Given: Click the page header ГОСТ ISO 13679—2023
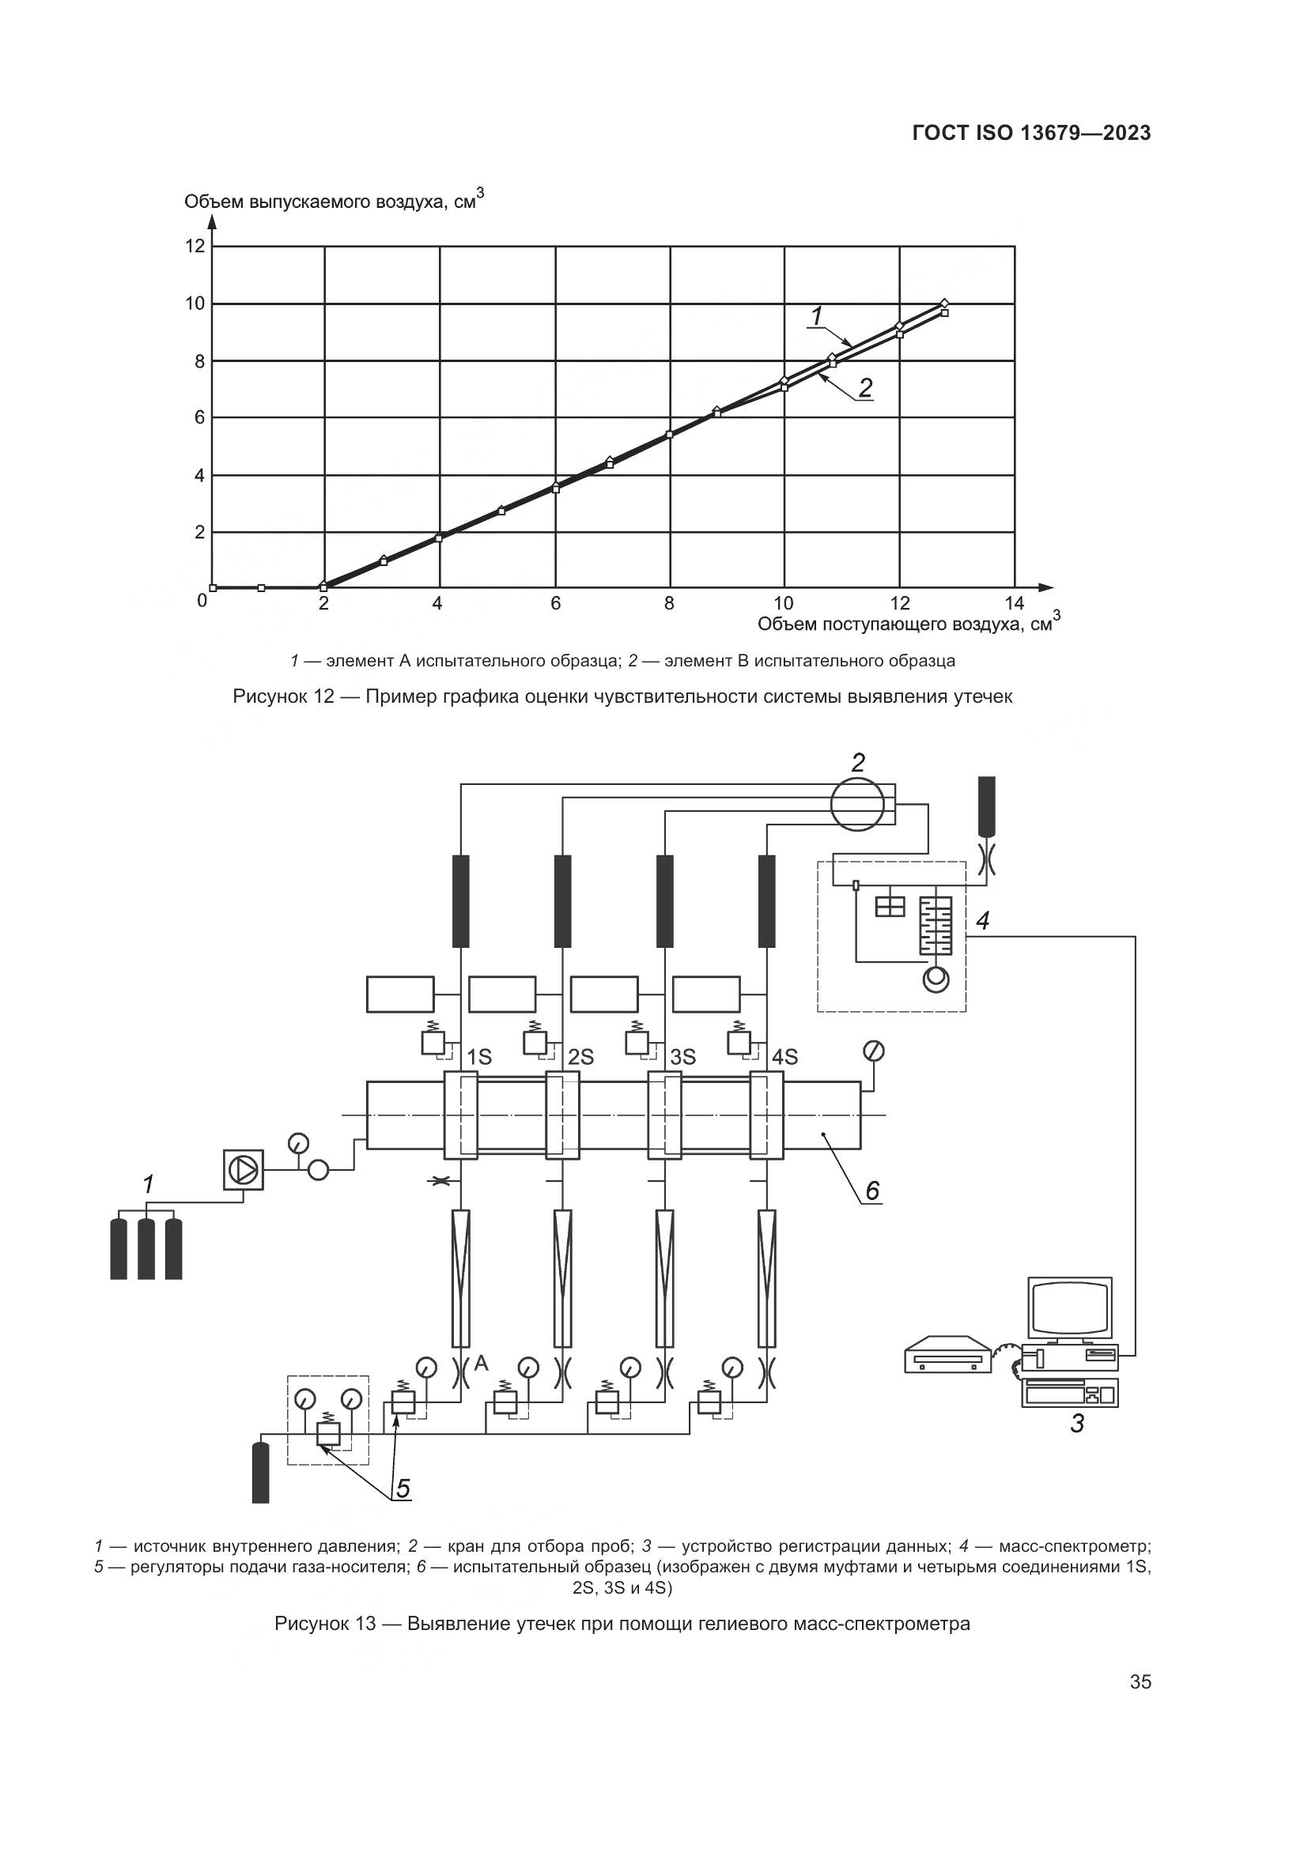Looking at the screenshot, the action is click(1032, 133).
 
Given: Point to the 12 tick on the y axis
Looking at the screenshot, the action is click(195, 246).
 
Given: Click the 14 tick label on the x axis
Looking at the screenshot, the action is click(1014, 603).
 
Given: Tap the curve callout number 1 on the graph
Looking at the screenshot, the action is click(817, 316).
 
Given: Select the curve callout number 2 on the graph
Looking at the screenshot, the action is click(865, 388).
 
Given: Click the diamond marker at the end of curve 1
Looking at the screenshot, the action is click(945, 303).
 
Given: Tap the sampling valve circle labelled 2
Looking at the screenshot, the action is click(857, 804).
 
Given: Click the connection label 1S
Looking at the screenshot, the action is click(479, 1057).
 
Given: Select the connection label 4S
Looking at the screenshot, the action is click(784, 1057).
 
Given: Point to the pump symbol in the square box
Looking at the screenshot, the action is click(244, 1168).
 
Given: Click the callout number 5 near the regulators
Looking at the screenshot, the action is click(403, 1489).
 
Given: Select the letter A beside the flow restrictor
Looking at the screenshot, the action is click(481, 1363).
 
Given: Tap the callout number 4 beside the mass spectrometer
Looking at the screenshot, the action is click(983, 920).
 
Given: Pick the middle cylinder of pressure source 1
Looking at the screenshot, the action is click(146, 1249).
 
